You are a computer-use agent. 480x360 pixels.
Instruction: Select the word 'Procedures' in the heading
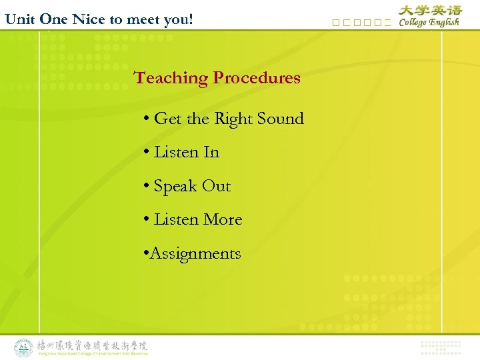coord(257,78)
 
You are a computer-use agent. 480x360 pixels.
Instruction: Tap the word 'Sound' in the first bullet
coord(280,119)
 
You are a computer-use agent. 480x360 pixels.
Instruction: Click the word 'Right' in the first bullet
coord(233,119)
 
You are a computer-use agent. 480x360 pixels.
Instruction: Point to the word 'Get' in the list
coord(167,119)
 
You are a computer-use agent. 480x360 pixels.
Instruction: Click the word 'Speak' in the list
coord(175,187)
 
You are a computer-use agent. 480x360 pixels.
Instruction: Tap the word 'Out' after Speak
coord(216,186)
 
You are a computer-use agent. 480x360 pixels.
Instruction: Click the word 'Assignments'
coord(195,254)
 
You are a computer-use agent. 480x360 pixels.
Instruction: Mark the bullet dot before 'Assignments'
coord(146,254)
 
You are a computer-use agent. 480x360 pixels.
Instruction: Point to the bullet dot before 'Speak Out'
coord(146,187)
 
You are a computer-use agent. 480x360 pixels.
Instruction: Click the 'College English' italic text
coord(429,22)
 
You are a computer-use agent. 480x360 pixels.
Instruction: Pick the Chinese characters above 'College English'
coord(430,10)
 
